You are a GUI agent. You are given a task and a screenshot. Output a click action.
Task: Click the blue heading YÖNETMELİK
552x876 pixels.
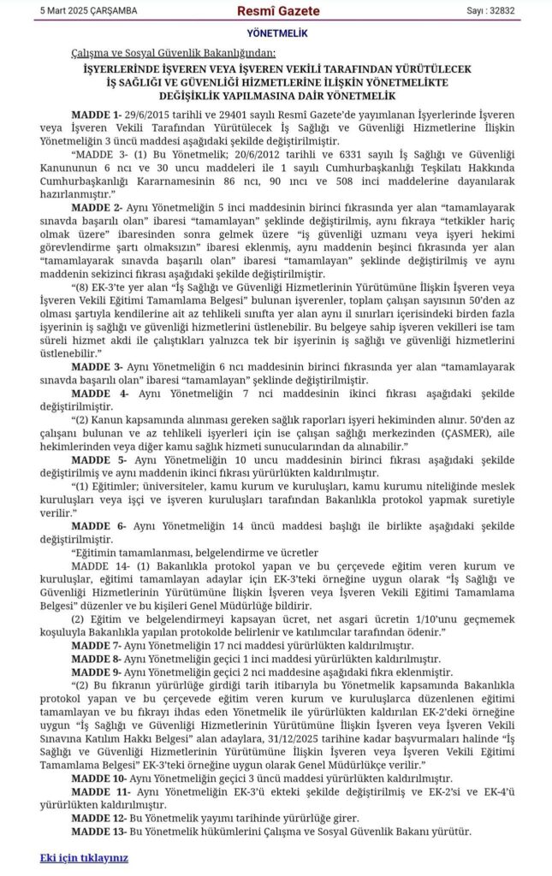pos(276,34)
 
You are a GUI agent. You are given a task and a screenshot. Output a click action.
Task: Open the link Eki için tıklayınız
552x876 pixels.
pos(84,856)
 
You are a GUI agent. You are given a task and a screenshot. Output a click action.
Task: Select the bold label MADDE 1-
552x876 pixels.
pos(97,114)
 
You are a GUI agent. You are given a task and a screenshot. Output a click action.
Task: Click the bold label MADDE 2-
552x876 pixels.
pos(97,208)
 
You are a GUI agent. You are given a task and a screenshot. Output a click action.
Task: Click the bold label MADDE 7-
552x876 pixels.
pos(97,645)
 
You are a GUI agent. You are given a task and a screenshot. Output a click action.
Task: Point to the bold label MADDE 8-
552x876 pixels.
pos(97,659)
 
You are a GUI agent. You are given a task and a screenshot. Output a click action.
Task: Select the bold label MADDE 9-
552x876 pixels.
pos(97,672)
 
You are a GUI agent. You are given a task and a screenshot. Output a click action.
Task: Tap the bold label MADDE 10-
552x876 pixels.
pos(99,778)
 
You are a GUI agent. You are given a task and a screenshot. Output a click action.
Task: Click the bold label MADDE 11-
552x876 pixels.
pos(100,792)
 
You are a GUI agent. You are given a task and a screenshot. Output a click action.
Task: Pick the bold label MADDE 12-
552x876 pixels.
pos(99,818)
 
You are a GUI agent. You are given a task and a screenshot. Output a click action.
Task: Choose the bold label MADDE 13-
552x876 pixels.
pos(99,832)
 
